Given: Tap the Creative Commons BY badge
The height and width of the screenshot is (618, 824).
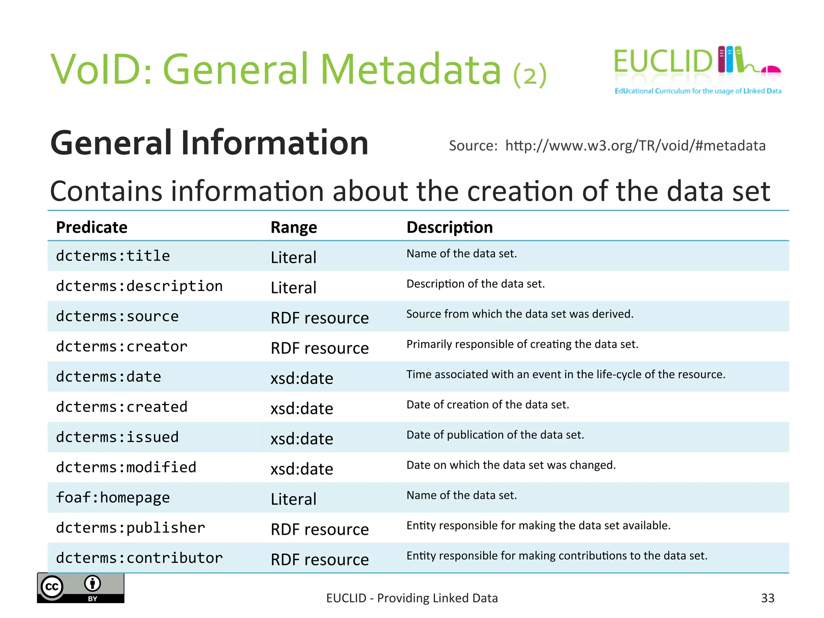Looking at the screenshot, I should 80,588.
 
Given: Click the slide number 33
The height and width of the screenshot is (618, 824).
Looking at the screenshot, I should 767,598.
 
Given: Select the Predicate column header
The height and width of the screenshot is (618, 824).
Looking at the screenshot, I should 92,227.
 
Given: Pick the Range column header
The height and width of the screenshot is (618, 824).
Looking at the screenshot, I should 294,227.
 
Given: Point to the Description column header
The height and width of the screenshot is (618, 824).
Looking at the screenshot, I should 449,227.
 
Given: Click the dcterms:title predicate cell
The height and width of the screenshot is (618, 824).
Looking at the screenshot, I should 113,256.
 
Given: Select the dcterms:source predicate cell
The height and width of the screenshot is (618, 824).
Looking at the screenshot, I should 117,316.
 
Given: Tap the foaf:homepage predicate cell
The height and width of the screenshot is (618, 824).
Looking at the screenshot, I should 113,498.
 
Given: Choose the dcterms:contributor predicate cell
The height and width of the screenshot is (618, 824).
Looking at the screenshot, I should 139,558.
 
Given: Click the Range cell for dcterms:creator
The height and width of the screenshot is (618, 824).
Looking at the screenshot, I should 319,348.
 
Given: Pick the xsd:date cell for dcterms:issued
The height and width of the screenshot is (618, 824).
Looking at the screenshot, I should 302,439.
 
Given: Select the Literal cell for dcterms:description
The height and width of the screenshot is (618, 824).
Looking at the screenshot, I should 294,288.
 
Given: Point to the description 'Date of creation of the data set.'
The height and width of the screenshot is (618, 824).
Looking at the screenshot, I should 488,404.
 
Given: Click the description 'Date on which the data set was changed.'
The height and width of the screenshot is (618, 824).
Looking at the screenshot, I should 511,465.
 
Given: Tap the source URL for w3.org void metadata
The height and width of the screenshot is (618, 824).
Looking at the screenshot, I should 635,146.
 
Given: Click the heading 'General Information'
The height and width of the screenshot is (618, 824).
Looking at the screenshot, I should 209,143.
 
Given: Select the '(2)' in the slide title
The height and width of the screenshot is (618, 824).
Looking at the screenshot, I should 530,75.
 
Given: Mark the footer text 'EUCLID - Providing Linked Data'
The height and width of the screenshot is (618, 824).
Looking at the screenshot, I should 412,598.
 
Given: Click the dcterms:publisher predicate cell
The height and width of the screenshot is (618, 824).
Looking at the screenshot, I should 130,528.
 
